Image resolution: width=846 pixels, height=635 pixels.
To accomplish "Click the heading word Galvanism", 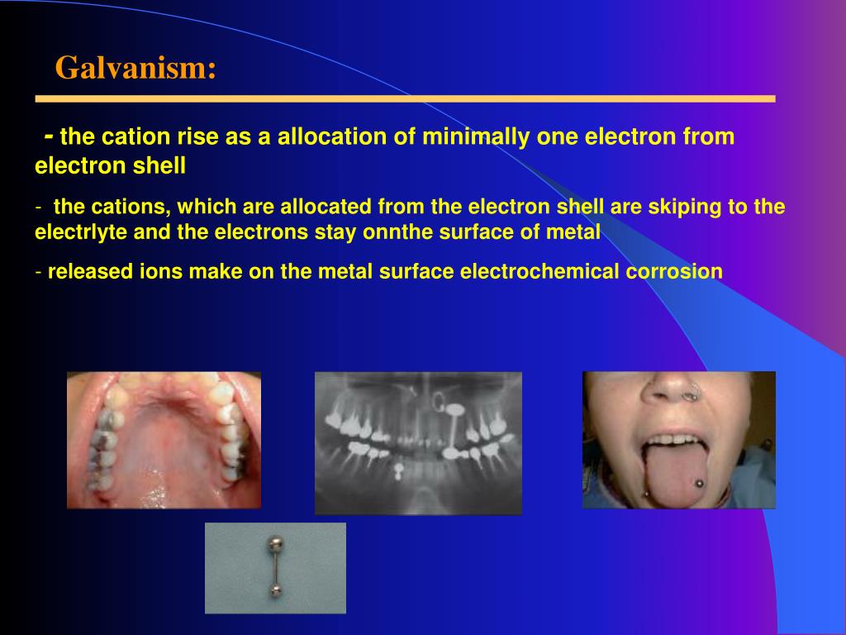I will tap(135, 68).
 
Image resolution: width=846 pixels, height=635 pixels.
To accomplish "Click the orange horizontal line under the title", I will tap(405, 99).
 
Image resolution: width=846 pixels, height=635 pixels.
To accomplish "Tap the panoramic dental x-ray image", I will tap(418, 442).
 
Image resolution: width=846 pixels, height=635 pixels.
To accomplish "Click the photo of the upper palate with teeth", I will tap(164, 439).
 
